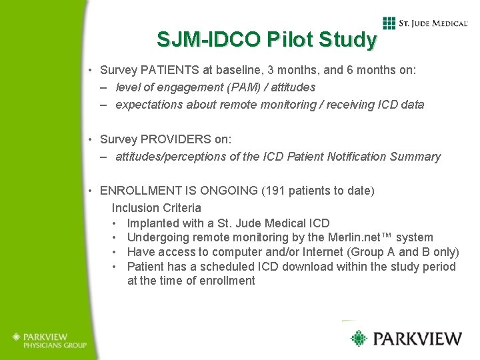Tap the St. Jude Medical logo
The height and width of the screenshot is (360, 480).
[425, 23]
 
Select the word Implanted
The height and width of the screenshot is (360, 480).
[153, 223]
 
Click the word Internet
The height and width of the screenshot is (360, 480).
[347, 252]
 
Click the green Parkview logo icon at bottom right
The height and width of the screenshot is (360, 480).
[360, 338]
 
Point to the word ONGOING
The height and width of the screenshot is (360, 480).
[228, 191]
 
